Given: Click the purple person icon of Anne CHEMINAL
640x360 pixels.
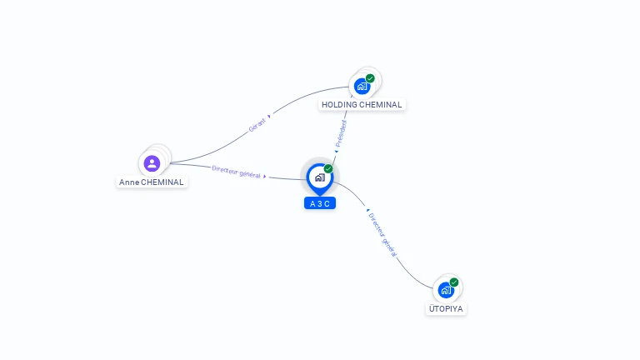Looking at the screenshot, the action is point(152,163).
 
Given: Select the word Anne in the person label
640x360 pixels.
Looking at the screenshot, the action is point(129,182).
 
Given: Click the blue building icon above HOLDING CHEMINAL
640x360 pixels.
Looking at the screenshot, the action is point(362,85).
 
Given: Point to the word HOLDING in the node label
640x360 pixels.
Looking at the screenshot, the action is point(339,105).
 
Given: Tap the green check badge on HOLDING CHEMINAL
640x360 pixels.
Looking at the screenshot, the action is point(370,78).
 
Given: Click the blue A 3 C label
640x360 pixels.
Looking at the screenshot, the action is point(320,203).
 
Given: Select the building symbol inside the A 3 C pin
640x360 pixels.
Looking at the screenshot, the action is point(319,177).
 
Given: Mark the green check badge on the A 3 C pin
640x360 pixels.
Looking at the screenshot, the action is point(328,168).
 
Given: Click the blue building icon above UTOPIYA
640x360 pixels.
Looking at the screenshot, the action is point(446,290).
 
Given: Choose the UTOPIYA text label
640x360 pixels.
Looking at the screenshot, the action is point(446,308).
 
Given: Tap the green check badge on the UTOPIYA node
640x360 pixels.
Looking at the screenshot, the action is point(454,282).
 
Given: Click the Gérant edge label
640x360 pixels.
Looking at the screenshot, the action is point(257,126).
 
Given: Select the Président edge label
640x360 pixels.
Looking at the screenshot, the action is point(342,133).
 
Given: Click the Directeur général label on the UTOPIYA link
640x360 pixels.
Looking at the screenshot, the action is point(382,234).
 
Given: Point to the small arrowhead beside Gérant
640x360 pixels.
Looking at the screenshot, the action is point(270,117).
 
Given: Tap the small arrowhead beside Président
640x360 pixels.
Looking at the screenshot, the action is point(336,152).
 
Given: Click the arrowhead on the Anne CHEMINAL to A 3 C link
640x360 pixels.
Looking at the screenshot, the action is point(265,176).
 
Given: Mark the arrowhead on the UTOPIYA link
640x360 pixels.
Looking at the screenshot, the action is point(367,211).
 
